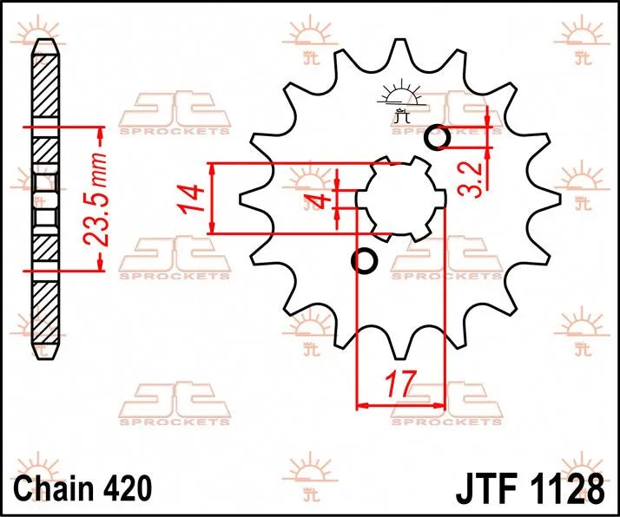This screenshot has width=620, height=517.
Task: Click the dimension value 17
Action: coord(400,383)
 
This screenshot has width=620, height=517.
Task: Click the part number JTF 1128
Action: coord(529,487)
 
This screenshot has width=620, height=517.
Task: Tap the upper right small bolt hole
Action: coord(439,137)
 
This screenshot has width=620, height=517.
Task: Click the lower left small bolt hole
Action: coord(364,260)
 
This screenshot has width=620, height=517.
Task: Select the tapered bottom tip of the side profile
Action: coord(45,351)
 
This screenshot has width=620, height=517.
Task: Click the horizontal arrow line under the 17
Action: coord(400,404)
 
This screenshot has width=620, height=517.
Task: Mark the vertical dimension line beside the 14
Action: coord(212,198)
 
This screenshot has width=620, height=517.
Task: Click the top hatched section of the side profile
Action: coord(45,87)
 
